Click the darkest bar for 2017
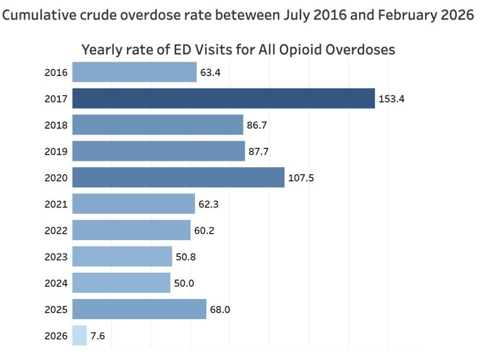(x=223, y=99)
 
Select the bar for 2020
(x=179, y=178)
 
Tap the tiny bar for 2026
(x=80, y=335)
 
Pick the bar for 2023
(x=123, y=256)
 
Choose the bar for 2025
(x=140, y=309)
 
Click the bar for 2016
(x=135, y=72)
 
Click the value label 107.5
(x=301, y=178)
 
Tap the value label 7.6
(x=98, y=336)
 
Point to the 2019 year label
(x=56, y=151)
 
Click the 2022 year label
(x=56, y=231)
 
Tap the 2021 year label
(x=56, y=204)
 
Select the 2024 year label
(x=56, y=283)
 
